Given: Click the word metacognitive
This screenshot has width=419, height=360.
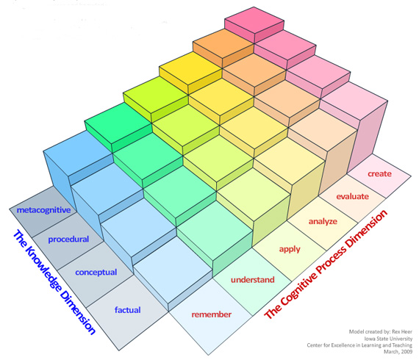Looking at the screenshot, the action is click(x=44, y=210).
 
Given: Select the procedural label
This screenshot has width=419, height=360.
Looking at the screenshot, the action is click(x=68, y=240).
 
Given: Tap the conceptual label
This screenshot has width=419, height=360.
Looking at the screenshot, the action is click(x=96, y=273).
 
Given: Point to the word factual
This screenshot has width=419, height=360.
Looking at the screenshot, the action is click(x=127, y=310).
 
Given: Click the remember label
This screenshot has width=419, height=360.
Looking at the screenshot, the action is click(x=212, y=314).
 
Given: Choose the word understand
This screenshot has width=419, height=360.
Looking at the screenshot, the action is click(x=253, y=280).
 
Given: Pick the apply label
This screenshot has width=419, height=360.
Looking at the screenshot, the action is click(x=290, y=250).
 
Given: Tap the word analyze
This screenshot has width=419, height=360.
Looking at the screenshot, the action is click(x=323, y=222).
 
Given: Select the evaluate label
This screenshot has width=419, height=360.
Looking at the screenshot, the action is click(x=352, y=197).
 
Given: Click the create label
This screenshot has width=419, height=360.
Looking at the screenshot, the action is click(x=379, y=174).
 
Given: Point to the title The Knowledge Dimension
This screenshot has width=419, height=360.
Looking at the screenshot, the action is click(x=54, y=281).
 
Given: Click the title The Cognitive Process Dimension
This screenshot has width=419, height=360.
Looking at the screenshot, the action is click(x=326, y=264).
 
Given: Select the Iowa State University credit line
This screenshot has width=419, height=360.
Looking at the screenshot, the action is click(x=388, y=339).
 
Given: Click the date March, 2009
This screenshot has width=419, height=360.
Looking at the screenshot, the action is click(x=398, y=352).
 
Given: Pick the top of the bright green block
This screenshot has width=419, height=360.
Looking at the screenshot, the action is click(x=118, y=123).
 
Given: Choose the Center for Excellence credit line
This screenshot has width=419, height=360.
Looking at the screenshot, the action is click(x=359, y=345).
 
